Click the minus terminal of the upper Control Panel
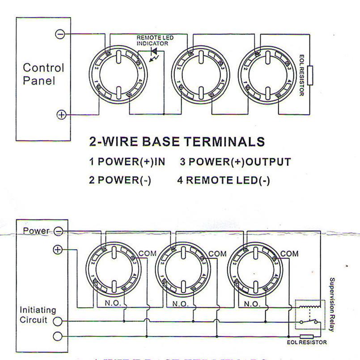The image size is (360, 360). (60, 34)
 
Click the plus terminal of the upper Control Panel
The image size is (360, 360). (61, 114)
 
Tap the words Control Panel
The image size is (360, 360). (43, 74)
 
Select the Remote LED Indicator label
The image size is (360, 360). (155, 41)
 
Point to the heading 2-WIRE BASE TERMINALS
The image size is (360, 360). (177, 142)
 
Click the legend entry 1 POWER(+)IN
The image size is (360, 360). (127, 162)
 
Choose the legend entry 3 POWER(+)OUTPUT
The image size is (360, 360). (235, 162)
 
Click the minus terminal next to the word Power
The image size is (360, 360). (58, 231)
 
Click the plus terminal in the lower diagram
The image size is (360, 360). (57, 250)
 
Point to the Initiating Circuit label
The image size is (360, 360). (38, 315)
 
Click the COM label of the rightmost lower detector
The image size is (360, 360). (289, 254)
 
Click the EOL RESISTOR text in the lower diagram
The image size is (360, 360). (306, 343)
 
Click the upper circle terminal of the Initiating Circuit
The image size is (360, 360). (56, 321)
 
